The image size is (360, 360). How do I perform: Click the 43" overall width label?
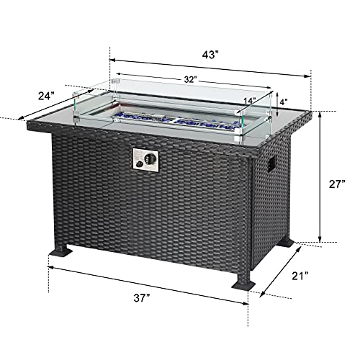pos(209,54)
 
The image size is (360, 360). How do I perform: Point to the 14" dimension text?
pos(250,101)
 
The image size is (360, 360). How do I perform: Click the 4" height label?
pos(284,102)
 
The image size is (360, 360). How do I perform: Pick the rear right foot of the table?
pos(288,244)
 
